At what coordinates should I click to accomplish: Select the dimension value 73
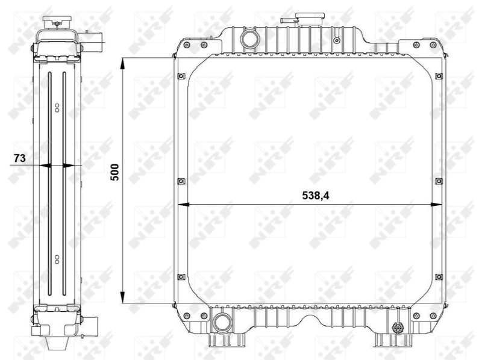click(19, 158)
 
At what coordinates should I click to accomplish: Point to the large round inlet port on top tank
click(248, 39)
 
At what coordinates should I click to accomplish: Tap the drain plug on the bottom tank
click(398, 328)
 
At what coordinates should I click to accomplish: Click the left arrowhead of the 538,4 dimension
click(184, 203)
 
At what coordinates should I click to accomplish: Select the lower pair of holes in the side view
click(57, 259)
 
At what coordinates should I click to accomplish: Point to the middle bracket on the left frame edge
click(180, 180)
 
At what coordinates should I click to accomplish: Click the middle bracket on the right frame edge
click(438, 180)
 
